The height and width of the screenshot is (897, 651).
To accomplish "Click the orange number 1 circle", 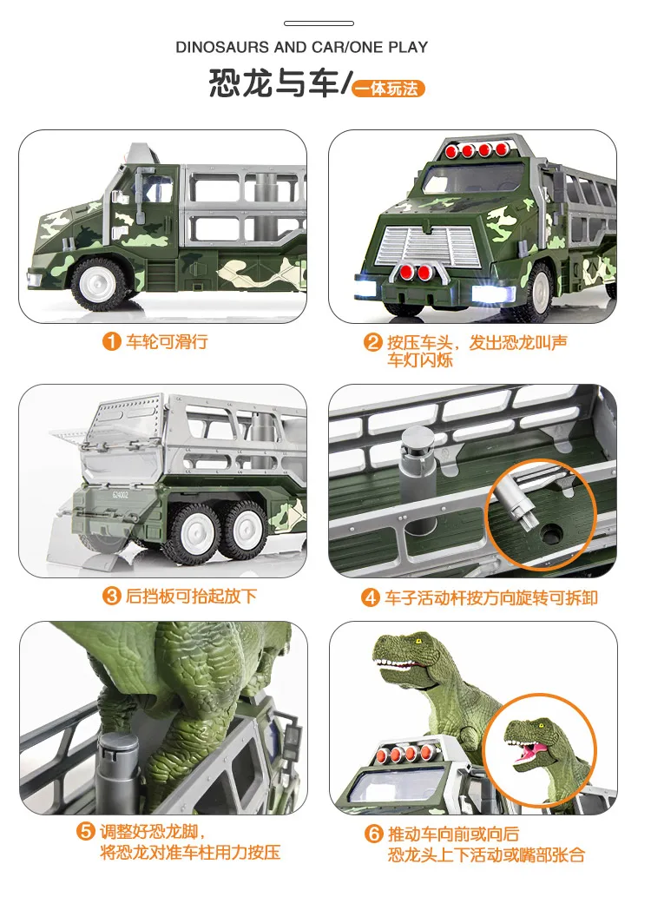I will pyautogui.click(x=111, y=341).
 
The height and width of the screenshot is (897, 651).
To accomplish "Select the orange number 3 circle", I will pyautogui.click(x=111, y=597).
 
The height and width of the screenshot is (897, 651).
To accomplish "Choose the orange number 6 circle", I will pyautogui.click(x=372, y=834).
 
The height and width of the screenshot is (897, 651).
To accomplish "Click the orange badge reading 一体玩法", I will pyautogui.click(x=389, y=89).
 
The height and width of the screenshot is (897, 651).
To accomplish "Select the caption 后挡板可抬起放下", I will pyautogui.click(x=191, y=597).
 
